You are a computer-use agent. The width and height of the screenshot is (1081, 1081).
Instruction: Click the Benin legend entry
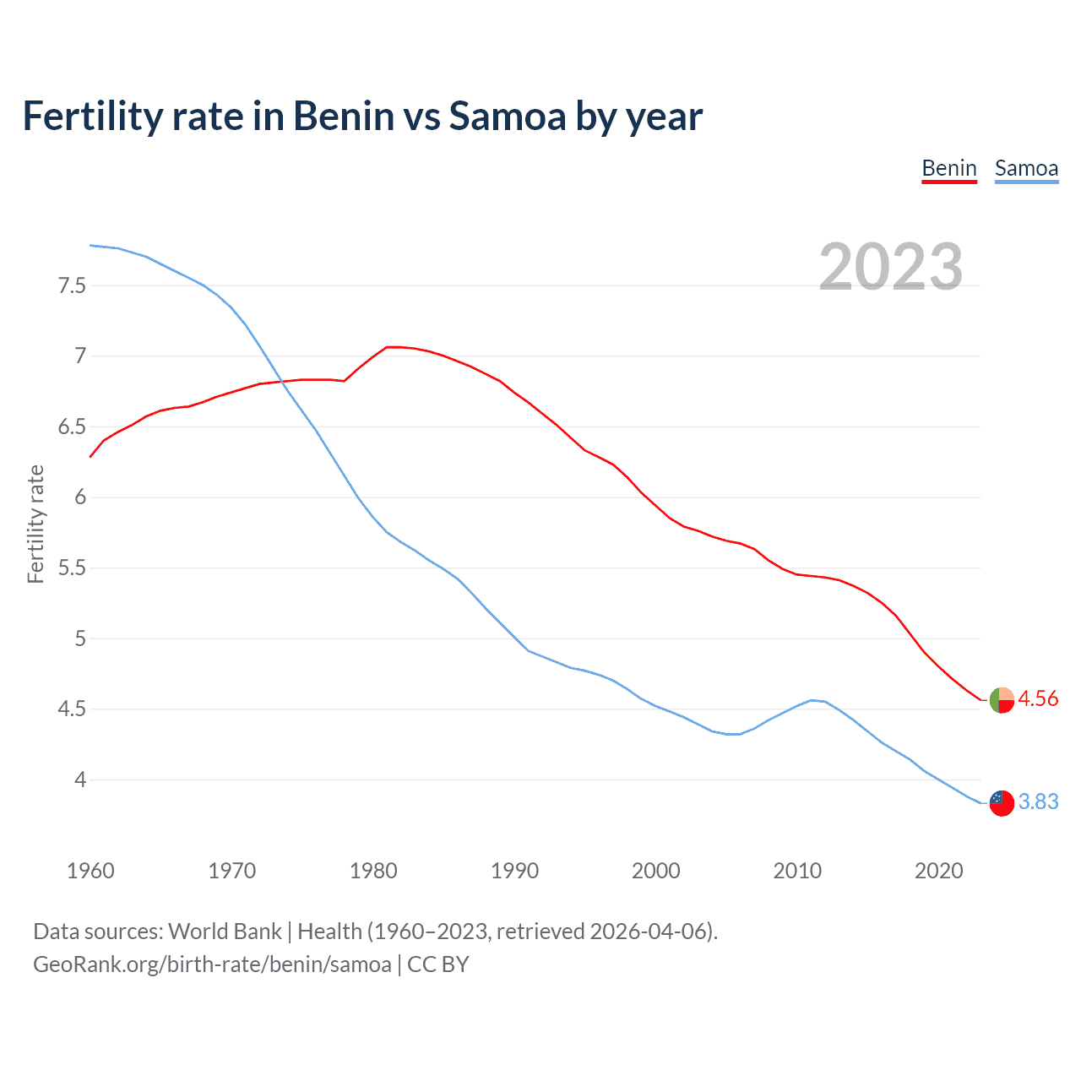[x=949, y=168]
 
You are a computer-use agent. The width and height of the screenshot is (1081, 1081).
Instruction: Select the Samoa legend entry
[x=1026, y=168]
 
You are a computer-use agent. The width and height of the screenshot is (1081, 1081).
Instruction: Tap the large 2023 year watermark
[x=891, y=267]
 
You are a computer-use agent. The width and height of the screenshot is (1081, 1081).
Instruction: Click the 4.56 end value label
[x=1038, y=699]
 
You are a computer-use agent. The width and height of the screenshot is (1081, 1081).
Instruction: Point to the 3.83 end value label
[x=1038, y=801]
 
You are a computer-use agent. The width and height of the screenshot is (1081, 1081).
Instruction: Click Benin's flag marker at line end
[x=1002, y=700]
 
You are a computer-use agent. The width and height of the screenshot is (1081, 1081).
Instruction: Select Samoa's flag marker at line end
[x=1002, y=803]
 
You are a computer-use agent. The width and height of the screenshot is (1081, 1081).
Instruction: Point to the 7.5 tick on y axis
[x=72, y=285]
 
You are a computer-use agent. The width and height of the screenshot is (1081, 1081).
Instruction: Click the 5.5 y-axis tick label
[x=72, y=568]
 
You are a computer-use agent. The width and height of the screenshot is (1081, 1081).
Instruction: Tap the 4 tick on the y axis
[x=80, y=780]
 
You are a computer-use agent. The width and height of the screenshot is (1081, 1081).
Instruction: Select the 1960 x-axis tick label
[x=90, y=871]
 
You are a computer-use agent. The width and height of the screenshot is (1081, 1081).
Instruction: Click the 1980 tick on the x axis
[x=373, y=871]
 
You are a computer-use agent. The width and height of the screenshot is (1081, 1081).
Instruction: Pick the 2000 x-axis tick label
[x=656, y=871]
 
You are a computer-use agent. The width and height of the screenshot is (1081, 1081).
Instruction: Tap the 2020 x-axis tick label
[x=938, y=871]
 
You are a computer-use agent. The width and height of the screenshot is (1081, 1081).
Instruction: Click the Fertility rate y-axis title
[x=35, y=524]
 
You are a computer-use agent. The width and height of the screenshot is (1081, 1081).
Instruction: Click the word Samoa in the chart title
[x=508, y=117]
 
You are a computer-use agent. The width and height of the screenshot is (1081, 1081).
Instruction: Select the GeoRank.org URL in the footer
[x=212, y=964]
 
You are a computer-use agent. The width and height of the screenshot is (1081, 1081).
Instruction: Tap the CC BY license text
[x=437, y=964]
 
